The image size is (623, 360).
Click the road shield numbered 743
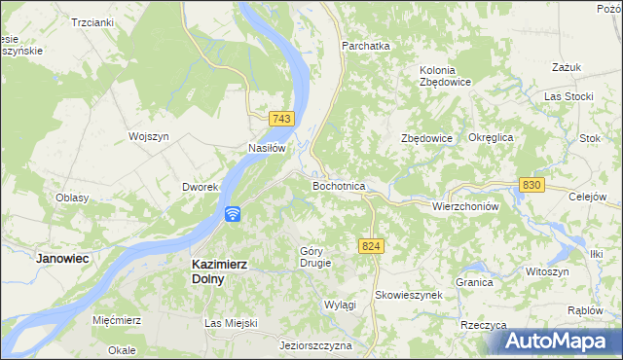(281, 119)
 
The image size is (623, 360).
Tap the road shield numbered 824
(369, 247)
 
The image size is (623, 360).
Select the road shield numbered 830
(531, 185)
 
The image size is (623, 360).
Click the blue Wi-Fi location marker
(233, 214)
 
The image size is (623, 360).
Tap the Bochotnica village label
(339, 185)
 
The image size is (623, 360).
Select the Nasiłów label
(266, 149)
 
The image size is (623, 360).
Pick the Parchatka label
(365, 46)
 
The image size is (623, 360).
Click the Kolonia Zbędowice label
(445, 76)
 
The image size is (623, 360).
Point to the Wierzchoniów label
(464, 206)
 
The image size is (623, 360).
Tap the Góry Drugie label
(315, 257)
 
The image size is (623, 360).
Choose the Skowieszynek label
(409, 294)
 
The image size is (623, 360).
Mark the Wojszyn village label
(149, 137)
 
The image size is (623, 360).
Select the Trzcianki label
(92, 21)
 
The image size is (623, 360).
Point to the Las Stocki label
(568, 97)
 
